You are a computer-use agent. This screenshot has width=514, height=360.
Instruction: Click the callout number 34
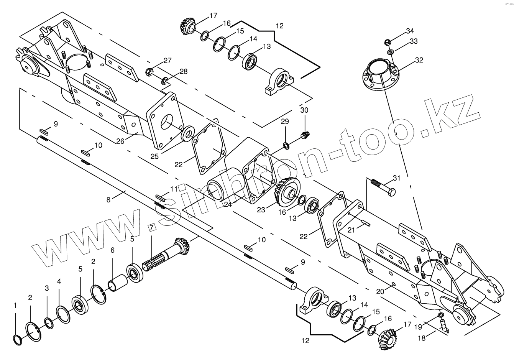point(410,31)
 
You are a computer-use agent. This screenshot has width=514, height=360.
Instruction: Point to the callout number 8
point(108,199)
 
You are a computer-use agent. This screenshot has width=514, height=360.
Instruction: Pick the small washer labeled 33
point(390,52)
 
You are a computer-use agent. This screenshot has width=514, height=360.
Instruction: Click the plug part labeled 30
point(305,134)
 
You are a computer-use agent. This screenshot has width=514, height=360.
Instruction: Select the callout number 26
point(120,141)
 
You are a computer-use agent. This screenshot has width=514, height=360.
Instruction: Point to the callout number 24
point(228,205)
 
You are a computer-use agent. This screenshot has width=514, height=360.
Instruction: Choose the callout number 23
point(261,210)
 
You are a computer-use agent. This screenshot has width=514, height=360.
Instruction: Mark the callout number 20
point(379,291)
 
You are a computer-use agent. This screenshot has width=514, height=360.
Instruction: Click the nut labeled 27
point(150,71)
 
